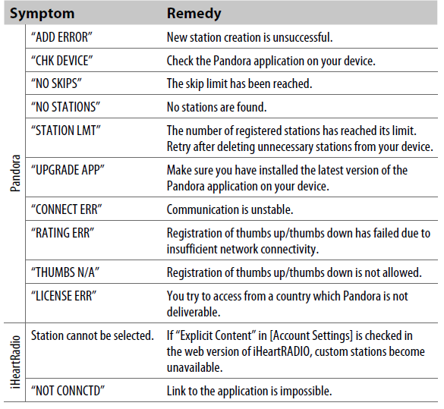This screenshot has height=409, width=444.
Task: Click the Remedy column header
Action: point(194,13)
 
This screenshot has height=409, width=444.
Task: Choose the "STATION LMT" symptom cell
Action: point(66,131)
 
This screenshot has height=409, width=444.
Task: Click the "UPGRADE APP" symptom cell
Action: point(68,170)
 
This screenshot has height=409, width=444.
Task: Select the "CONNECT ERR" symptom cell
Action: point(68,209)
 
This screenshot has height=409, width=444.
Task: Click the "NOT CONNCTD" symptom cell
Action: point(68,391)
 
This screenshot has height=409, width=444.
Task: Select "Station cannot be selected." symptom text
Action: point(92,335)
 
